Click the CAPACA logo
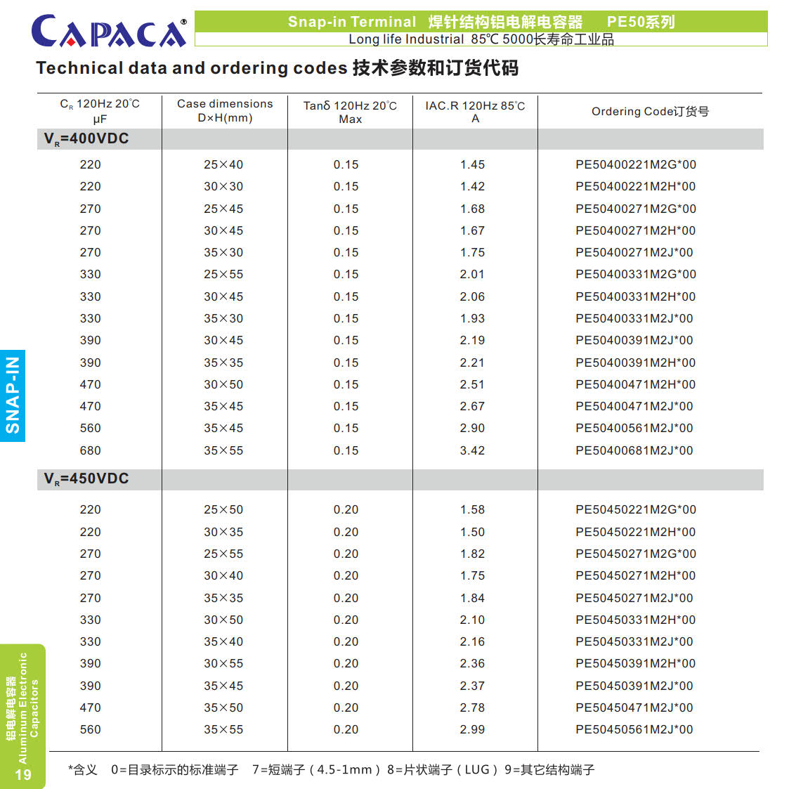point(109,32)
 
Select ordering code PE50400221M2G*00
point(635,164)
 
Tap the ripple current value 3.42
point(472,450)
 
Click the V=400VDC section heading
point(86,138)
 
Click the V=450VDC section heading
point(86,478)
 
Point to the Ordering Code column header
point(650,111)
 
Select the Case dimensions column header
point(225,110)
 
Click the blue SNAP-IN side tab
point(13,396)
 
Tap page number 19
point(23,775)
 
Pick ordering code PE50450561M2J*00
point(634,729)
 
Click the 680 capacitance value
point(90,450)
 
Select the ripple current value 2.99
point(472,729)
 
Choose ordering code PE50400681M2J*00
point(634,450)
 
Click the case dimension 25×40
point(223,164)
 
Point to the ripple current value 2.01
point(472,274)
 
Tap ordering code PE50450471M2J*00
point(634,708)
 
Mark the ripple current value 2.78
point(472,708)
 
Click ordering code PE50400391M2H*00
point(635,363)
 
